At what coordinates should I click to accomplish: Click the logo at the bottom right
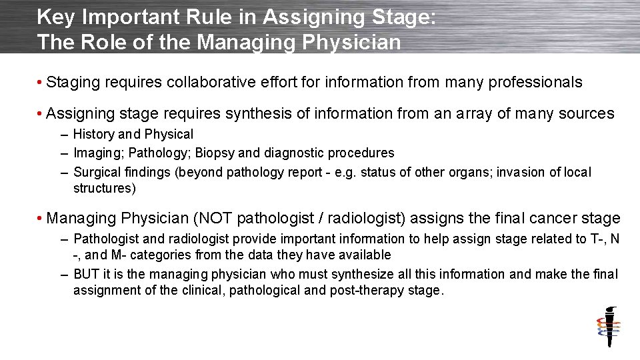608,327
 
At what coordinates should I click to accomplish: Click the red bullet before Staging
41,83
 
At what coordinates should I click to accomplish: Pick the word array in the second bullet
466,114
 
